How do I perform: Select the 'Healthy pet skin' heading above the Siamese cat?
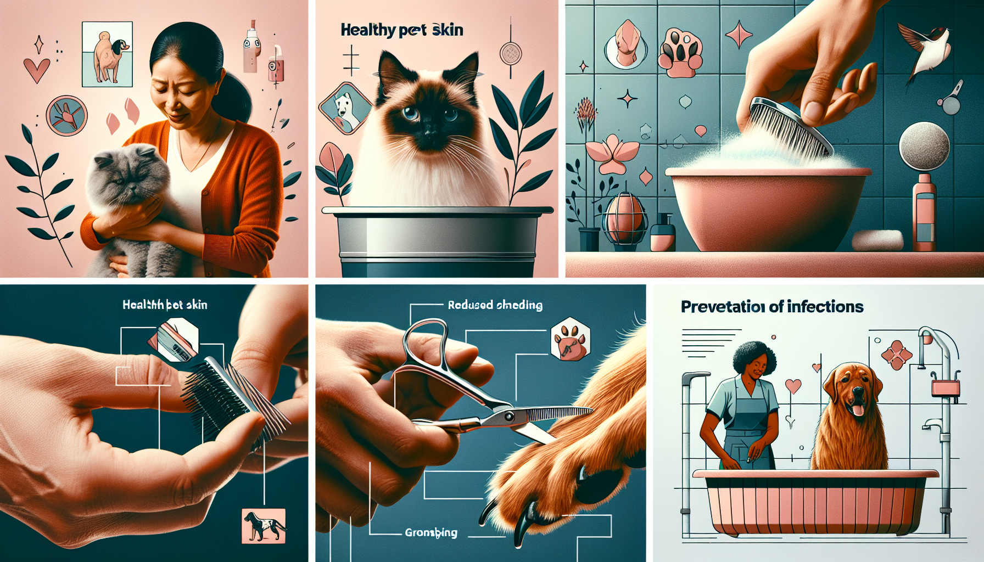click(401, 30)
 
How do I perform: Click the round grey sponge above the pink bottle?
click(924, 145)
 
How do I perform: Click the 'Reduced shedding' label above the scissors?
click(495, 305)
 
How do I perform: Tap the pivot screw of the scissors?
click(508, 417)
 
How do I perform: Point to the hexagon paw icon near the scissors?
click(571, 339)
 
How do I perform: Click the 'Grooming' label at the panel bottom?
click(431, 532)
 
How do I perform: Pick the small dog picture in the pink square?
click(264, 526)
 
